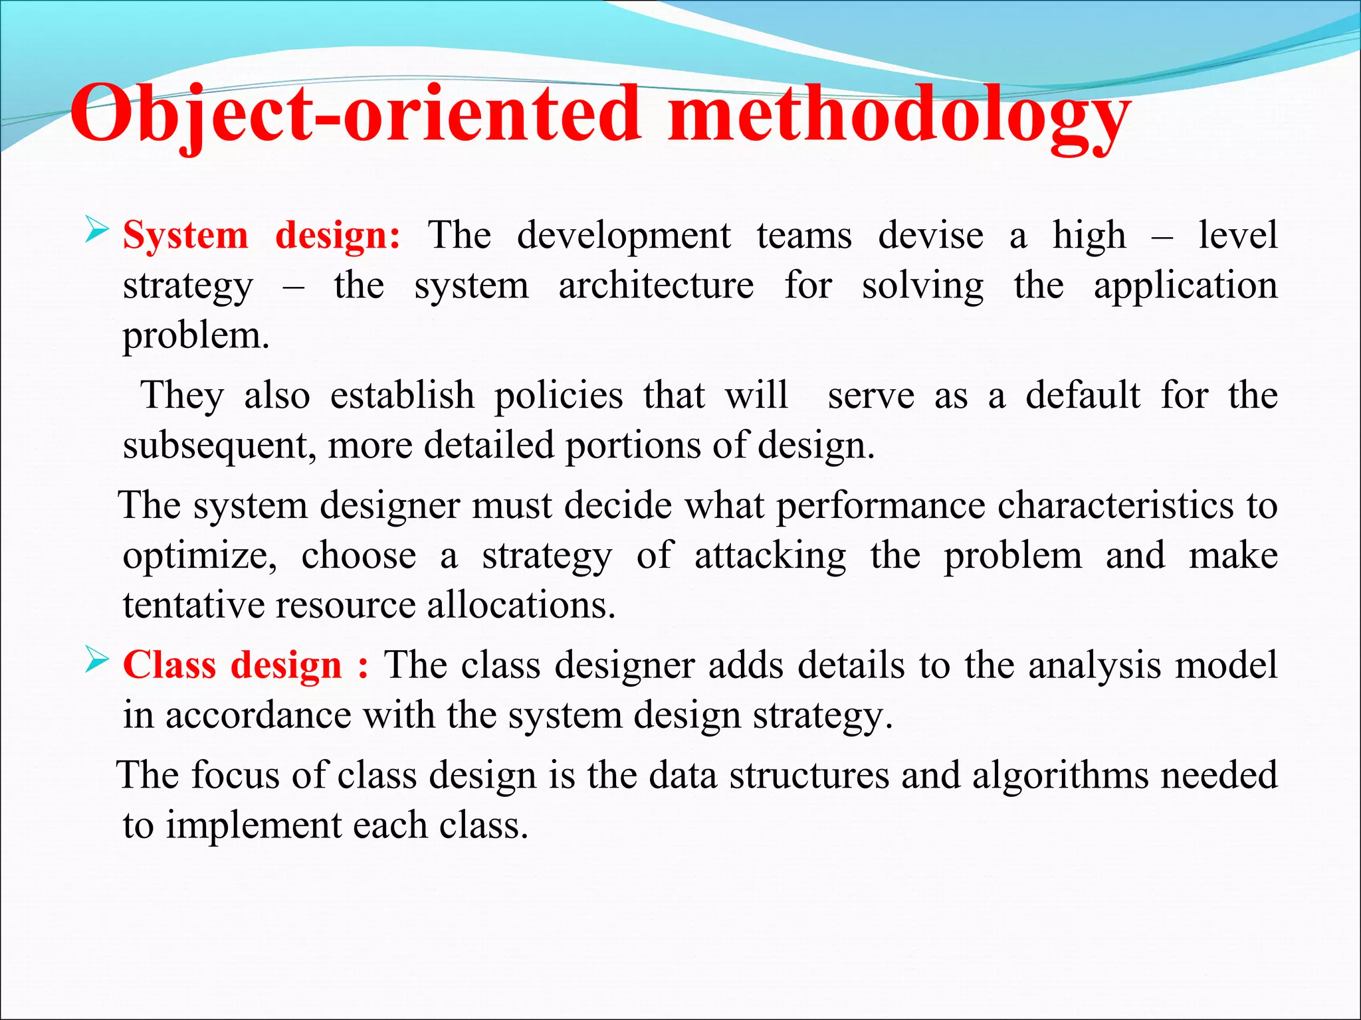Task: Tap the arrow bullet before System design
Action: tap(97, 232)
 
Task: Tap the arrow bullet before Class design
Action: tap(97, 661)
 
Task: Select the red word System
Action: tap(185, 236)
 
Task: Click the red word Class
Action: tap(169, 665)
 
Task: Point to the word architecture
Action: tap(656, 286)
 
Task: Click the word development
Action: tap(623, 236)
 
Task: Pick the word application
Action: tap(1185, 287)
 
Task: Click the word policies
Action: tap(558, 396)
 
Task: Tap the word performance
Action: tap(881, 506)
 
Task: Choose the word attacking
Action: tap(770, 555)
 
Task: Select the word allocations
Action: tap(521, 605)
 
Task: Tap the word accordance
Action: tap(259, 716)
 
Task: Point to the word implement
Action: tap(253, 826)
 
